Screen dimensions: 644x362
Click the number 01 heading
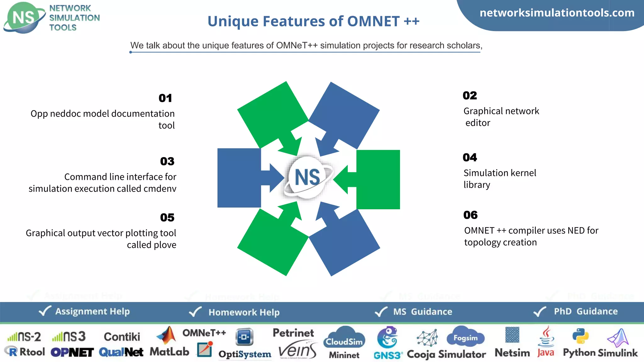165,98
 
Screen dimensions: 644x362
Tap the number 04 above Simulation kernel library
470,157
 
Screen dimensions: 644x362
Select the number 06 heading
470,215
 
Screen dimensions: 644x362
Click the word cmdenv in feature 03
160,189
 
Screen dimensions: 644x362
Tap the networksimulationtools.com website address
557,13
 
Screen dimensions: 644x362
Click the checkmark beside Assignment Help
45,311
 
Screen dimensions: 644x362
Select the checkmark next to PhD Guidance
540,311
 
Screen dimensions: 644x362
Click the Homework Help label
244,312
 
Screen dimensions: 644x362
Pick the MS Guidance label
423,312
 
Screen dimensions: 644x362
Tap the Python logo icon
580,336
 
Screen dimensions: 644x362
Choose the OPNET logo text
72,353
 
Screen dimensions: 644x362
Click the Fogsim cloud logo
465,337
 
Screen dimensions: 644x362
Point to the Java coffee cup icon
547,337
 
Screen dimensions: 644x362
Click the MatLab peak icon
167,335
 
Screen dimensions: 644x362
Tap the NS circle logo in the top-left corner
24,18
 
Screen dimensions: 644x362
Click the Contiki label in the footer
122,337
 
